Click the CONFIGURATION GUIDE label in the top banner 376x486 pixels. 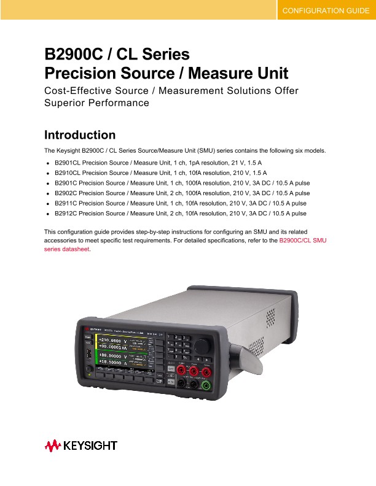pyautogui.click(x=325, y=10)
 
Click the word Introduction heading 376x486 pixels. pyautogui.click(x=80, y=135)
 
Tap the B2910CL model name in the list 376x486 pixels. pyautogui.click(x=67, y=174)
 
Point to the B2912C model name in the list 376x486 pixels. pyautogui.click(x=66, y=213)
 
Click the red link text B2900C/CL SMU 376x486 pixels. pyautogui.click(x=303, y=241)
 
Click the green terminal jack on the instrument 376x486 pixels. pyautogui.click(x=207, y=385)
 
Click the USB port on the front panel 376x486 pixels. pyautogui.click(x=88, y=354)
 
